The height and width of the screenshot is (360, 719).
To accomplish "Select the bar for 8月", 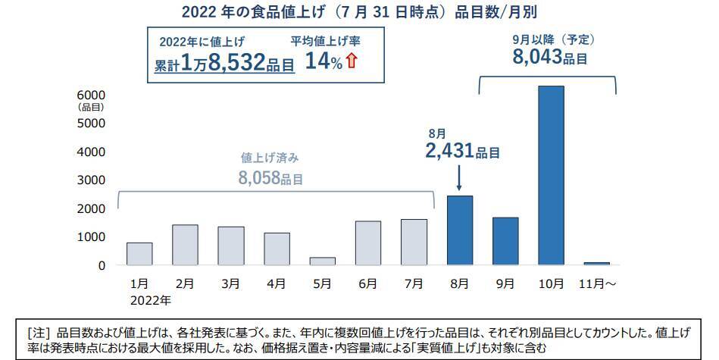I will [459, 230].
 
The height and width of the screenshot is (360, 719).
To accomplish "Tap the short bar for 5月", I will [322, 261].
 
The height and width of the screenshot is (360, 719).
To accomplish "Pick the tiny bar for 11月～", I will [596, 264].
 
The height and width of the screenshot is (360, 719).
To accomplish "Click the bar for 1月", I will [139, 254].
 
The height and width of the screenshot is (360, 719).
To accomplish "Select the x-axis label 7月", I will [414, 283].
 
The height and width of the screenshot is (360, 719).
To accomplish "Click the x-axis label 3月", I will [231, 283].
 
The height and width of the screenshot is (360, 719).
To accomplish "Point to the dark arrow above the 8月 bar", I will [460, 180].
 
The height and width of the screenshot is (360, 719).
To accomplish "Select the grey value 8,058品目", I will [270, 179].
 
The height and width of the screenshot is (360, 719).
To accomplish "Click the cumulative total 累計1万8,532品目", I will [224, 64].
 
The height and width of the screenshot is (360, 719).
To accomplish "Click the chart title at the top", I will [359, 12].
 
